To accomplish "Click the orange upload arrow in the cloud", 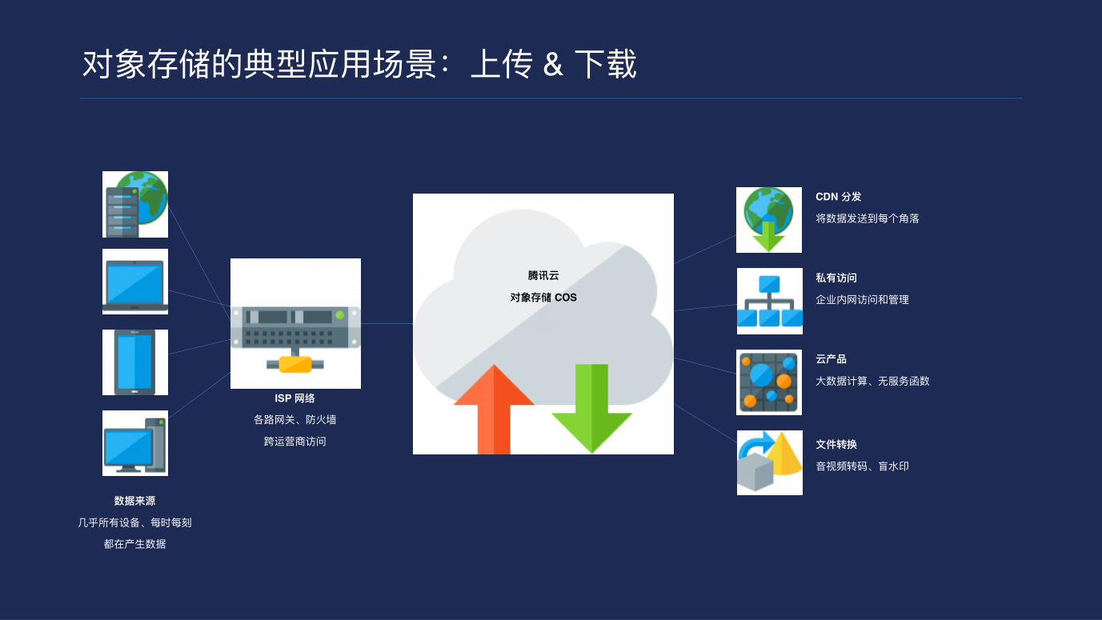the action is point(494,409).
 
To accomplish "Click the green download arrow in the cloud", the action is point(592,409).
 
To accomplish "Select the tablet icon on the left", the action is point(135,362).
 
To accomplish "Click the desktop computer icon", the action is point(135,443).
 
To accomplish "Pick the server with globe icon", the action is point(135,205).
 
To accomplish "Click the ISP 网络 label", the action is point(295,398).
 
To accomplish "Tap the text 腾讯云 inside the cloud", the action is point(543,275).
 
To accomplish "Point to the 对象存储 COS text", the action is point(543,298).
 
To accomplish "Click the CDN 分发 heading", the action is point(839,197).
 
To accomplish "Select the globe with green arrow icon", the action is point(769,220).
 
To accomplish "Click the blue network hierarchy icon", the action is point(769,301).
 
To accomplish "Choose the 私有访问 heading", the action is point(836,278).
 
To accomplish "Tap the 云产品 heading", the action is point(831,359).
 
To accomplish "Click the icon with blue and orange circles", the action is point(769,382).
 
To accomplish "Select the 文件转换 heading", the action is point(836,445).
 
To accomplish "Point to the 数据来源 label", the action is point(134,501).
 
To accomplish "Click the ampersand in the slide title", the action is point(553,65).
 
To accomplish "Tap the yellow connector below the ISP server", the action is point(295,364).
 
